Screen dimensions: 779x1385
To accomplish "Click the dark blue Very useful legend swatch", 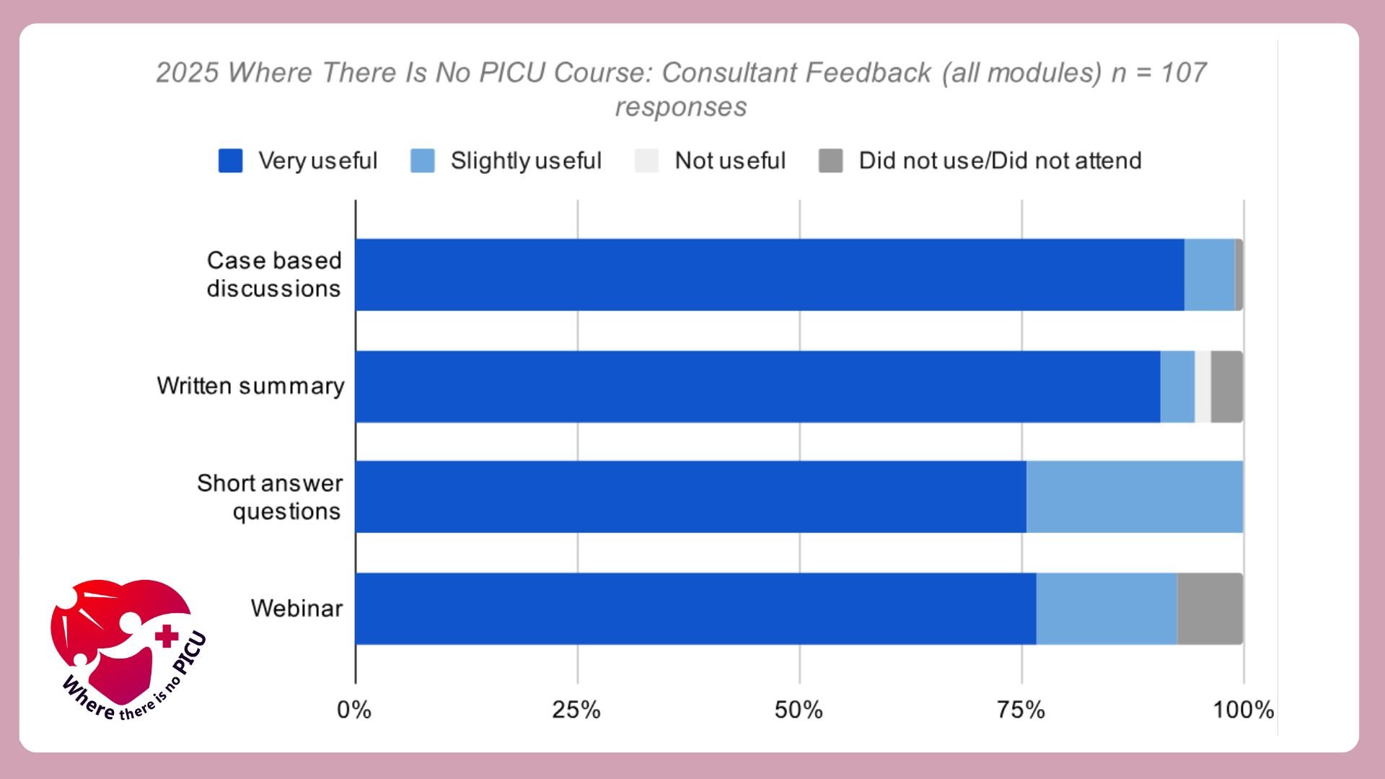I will click(230, 161).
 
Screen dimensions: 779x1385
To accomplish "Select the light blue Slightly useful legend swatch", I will click(423, 161).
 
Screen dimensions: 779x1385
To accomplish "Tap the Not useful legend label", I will click(729, 161).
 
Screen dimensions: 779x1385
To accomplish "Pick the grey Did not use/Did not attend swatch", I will click(830, 161).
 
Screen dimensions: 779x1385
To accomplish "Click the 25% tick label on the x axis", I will click(576, 710).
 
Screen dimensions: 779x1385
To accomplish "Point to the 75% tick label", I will click(1021, 710).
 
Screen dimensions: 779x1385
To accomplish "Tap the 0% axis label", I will click(353, 710).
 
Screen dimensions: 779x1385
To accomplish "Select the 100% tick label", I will click(1243, 710).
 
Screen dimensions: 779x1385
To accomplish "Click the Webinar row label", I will click(296, 608).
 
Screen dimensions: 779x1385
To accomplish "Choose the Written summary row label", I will click(250, 386).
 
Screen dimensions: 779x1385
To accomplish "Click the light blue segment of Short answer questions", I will click(1134, 497).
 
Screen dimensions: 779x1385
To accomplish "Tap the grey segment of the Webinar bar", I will click(1210, 609).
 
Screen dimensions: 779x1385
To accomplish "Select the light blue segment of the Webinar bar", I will click(1107, 609).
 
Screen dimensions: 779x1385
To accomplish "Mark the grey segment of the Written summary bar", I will click(1226, 387).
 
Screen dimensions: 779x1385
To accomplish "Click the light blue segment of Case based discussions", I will click(1209, 275).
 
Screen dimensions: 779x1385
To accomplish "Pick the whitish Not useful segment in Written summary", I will click(1202, 387).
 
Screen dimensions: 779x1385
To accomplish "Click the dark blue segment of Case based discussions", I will click(769, 275).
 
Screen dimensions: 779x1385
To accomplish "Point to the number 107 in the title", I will click(1184, 72).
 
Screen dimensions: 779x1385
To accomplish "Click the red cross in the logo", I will click(167, 635).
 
